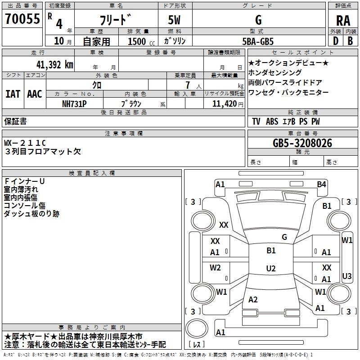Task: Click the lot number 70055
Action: click(x=22, y=18)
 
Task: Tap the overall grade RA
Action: click(x=343, y=21)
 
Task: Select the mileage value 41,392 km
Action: click(x=54, y=65)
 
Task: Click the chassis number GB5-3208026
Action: click(x=302, y=143)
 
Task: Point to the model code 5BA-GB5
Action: click(x=258, y=41)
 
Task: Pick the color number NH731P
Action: click(x=74, y=104)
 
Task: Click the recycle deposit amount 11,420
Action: click(x=224, y=104)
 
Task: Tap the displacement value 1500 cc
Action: click(x=141, y=41)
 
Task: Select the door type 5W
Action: click(x=174, y=20)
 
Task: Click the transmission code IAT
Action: click(x=13, y=94)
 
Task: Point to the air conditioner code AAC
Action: click(x=35, y=94)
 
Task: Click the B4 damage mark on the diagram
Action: click(x=321, y=184)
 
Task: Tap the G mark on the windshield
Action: click(x=284, y=237)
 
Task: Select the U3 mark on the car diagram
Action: click(x=346, y=276)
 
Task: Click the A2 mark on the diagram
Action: click(x=253, y=299)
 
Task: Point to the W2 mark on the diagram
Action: click(x=215, y=267)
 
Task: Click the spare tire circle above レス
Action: click(x=197, y=328)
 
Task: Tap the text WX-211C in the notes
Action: click(x=25, y=143)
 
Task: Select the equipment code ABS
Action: click(x=272, y=121)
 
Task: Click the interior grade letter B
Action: click(x=350, y=41)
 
